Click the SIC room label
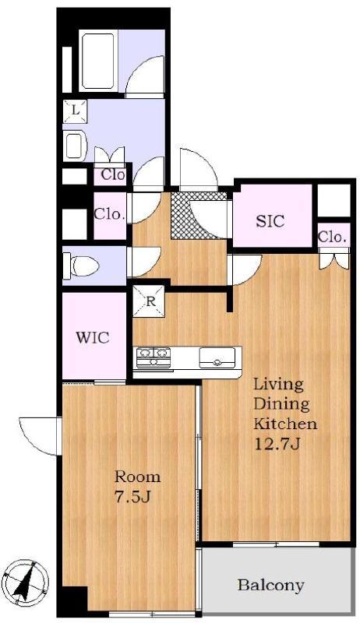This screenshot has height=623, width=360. click(270, 221)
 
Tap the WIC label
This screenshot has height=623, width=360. click(93, 338)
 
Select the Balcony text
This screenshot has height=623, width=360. click(271, 585)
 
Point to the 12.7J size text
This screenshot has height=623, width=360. click(277, 442)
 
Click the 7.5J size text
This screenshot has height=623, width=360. click(132, 497)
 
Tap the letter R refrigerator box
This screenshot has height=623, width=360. click(149, 301)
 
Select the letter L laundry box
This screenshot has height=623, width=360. click(75, 111)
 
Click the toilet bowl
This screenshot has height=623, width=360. click(82, 266)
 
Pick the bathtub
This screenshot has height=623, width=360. click(99, 62)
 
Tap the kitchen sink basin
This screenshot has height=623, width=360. click(217, 357)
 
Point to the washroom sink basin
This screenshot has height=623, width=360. click(73, 146)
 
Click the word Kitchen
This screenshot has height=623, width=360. click(285, 424)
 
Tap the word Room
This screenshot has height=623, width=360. click(137, 477)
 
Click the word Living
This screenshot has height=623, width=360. click(278, 385)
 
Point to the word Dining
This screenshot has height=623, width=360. click(281, 404)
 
